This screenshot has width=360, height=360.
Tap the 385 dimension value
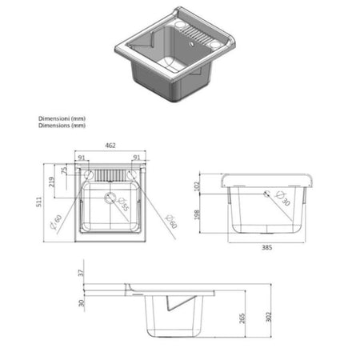(266, 247)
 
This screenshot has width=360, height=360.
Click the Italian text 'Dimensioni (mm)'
(61, 118)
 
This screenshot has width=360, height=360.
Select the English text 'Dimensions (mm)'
(61, 126)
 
